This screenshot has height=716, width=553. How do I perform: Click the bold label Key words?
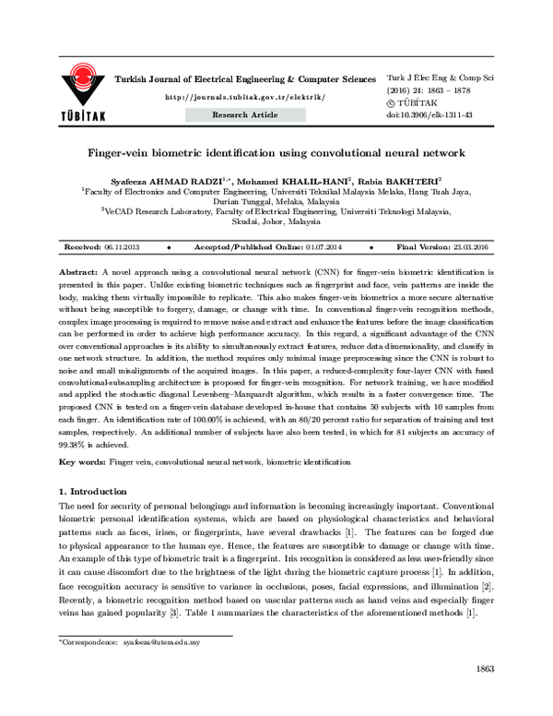pyautogui.click(x=82, y=459)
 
